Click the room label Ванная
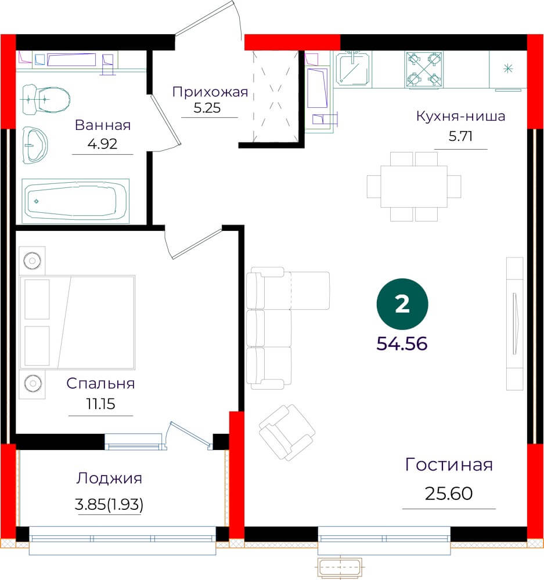(103, 125)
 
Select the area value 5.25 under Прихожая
(207, 108)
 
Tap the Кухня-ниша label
(460, 116)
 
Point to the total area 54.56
(402, 343)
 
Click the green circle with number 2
(402, 304)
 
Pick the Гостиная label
(449, 465)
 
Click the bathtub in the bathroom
(75, 201)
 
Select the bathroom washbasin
(35, 145)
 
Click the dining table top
(413, 186)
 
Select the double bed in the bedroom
(77, 322)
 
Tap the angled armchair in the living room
(287, 432)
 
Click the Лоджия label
(109, 478)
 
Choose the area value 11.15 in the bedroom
(100, 404)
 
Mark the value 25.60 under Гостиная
(448, 493)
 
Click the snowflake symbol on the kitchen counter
(508, 68)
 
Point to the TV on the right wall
(515, 324)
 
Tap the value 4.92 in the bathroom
(102, 143)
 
